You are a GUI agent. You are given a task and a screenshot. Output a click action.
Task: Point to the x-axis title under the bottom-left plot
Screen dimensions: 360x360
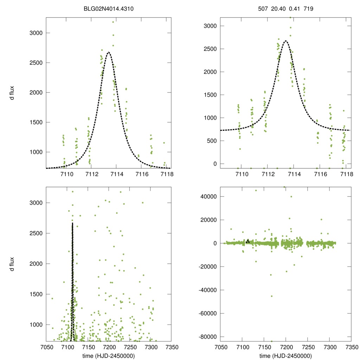108,355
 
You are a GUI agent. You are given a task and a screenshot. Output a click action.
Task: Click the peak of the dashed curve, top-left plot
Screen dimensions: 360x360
109,52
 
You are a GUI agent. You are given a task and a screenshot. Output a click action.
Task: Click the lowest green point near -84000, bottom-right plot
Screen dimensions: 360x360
272,341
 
